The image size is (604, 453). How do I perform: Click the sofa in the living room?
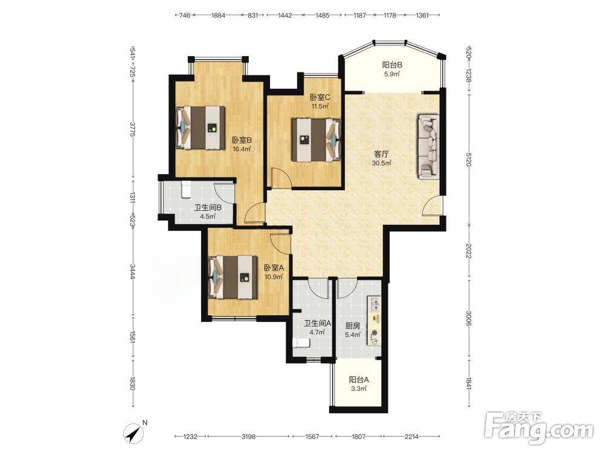(428, 147)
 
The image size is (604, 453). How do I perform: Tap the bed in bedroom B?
(201, 127)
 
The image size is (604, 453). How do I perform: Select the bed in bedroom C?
(316, 140)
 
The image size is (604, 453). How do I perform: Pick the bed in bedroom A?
(233, 277)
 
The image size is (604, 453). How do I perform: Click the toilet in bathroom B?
(186, 189)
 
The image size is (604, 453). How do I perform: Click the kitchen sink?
(374, 304)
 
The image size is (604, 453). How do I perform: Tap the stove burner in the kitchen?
(374, 333)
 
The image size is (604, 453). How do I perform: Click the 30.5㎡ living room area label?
(381, 163)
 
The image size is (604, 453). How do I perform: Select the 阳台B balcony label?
(392, 65)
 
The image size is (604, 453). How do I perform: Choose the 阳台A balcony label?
(359, 379)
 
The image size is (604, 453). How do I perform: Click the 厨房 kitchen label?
(353, 326)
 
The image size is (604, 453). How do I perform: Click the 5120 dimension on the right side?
(469, 159)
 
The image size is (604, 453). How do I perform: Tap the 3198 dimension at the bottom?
(248, 437)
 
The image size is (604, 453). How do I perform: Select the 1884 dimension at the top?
(219, 16)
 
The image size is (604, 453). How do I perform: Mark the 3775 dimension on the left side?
(132, 129)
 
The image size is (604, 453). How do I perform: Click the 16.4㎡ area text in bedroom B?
(242, 149)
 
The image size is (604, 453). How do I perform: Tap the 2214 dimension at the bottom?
(411, 437)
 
